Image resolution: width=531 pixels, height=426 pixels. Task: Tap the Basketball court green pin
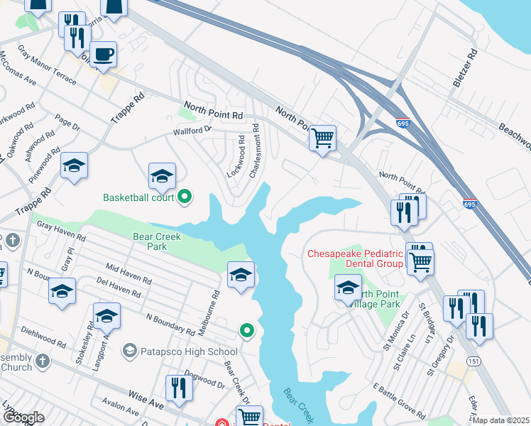[x=185, y=197]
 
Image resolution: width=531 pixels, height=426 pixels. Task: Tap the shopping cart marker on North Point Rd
[x=323, y=137]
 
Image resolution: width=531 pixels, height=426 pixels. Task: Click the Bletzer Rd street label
[x=465, y=68]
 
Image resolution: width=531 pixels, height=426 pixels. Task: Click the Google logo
[x=24, y=417]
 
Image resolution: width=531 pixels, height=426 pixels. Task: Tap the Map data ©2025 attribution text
[x=502, y=420]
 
